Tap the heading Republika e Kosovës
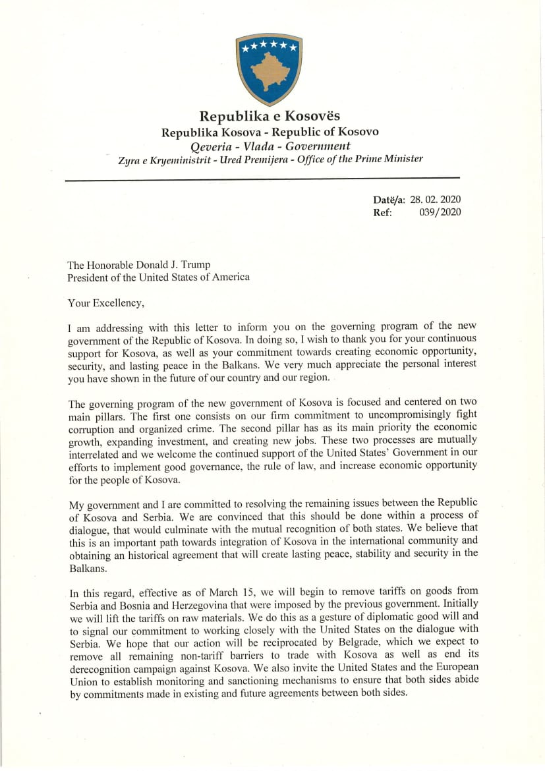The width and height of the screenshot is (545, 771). click(x=270, y=117)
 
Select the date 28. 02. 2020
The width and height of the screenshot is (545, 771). click(x=435, y=200)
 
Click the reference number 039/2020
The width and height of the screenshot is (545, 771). click(x=440, y=212)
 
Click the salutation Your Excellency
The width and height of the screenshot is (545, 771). click(x=105, y=302)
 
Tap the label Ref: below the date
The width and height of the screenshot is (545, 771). click(x=383, y=212)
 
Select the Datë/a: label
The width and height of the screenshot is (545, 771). click(x=389, y=200)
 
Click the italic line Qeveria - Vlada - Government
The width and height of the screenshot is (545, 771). click(x=270, y=146)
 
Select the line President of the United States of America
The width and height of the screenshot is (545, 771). click(x=158, y=277)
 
